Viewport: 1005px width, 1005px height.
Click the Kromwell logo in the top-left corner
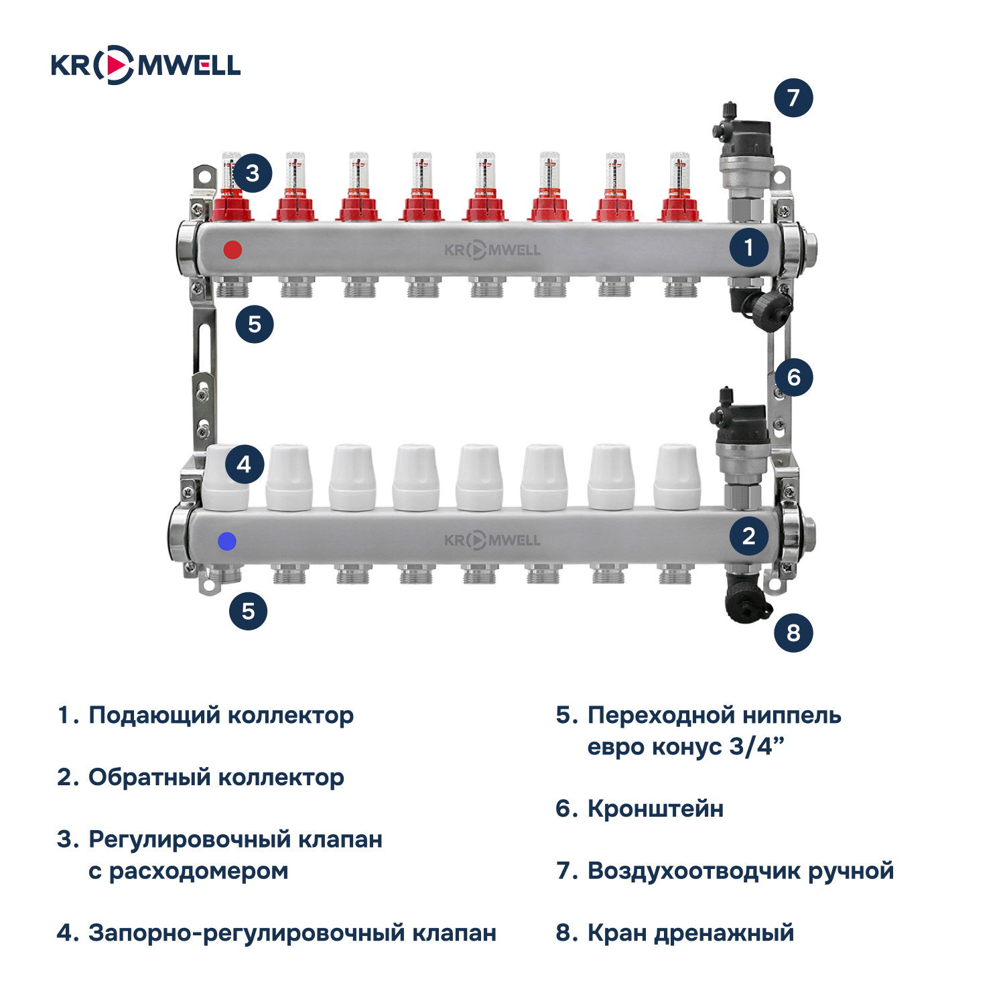click(x=145, y=65)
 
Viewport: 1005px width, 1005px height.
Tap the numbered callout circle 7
click(x=793, y=98)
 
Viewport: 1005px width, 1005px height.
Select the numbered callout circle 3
click(x=252, y=173)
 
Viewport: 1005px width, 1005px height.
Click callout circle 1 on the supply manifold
click(x=749, y=248)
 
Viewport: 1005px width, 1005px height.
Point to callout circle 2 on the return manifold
click(x=749, y=536)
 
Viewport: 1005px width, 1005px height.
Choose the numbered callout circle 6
click(x=794, y=377)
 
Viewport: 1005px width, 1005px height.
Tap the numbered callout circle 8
click(x=793, y=632)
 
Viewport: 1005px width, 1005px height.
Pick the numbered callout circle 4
click(x=244, y=464)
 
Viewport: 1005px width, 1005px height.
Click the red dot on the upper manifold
click(x=232, y=250)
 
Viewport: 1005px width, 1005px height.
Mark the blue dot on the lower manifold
click(x=227, y=541)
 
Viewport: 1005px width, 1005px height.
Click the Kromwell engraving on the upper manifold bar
click(x=492, y=251)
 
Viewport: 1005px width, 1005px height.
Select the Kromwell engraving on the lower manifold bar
click(x=492, y=540)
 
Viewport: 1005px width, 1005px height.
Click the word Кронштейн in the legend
click(x=655, y=809)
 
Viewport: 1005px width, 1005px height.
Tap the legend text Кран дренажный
click(x=690, y=933)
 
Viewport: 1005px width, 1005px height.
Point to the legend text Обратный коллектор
click(x=216, y=777)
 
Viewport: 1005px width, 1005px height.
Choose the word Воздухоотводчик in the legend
click(x=693, y=871)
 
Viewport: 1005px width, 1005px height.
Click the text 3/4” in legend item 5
click(x=756, y=746)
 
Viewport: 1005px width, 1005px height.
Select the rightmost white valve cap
click(x=677, y=476)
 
